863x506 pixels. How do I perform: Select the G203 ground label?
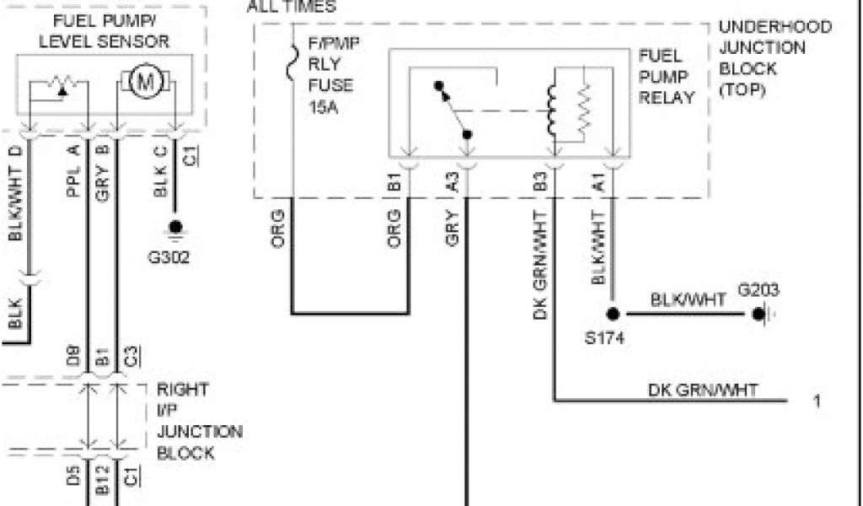(x=758, y=291)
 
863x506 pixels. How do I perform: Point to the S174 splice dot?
(x=613, y=314)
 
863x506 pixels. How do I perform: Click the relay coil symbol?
(x=554, y=105)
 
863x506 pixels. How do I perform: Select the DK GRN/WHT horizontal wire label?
(x=702, y=389)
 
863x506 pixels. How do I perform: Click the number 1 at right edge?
(x=817, y=401)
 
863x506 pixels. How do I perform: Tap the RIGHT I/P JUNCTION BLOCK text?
(x=199, y=422)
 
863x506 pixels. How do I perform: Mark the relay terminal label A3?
(x=453, y=182)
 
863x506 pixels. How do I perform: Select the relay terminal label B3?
(x=539, y=182)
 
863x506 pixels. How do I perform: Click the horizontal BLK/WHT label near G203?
(x=688, y=299)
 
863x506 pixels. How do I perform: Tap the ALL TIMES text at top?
(x=291, y=7)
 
